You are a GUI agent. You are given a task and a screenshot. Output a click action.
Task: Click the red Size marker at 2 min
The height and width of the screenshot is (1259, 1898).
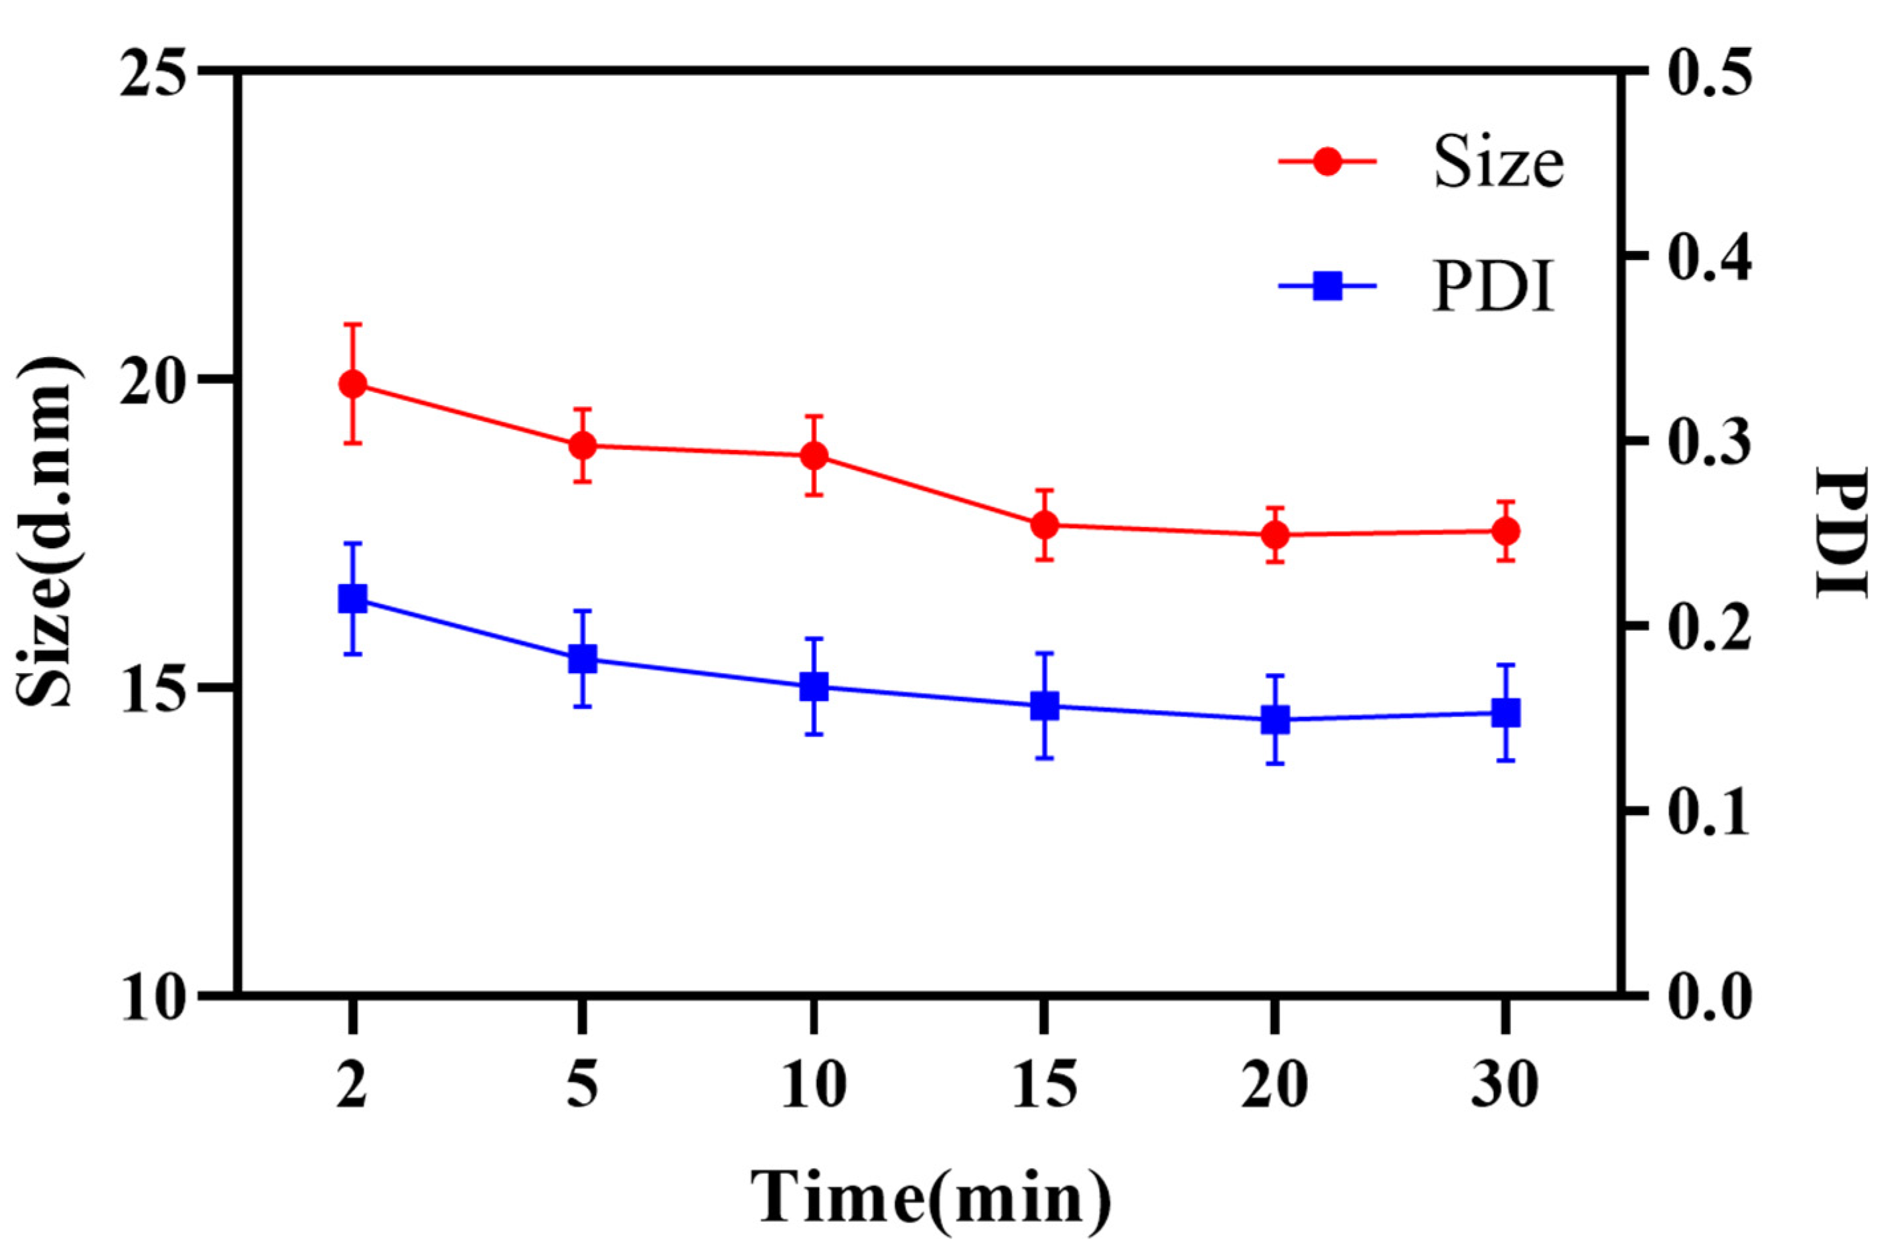pyautogui.click(x=353, y=384)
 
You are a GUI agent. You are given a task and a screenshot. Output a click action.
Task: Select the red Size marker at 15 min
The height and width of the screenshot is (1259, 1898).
pyautogui.click(x=1045, y=525)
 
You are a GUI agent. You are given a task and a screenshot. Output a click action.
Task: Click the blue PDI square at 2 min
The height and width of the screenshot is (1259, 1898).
pyautogui.click(x=353, y=599)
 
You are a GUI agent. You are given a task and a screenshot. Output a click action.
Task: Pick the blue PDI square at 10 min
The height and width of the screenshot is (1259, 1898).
pyautogui.click(x=814, y=686)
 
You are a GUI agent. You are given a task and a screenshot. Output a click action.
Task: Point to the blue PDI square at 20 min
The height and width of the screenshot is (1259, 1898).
pyautogui.click(x=1275, y=719)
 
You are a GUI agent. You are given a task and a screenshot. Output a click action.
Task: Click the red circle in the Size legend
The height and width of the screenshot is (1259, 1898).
pyautogui.click(x=1328, y=161)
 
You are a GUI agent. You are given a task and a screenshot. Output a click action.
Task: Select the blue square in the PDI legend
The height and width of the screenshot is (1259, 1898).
pyautogui.click(x=1328, y=286)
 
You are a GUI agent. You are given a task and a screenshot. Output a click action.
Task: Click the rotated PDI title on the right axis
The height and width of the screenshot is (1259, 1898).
pyautogui.click(x=1843, y=532)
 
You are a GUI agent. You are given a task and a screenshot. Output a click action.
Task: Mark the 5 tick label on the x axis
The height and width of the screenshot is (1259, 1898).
pyautogui.click(x=583, y=1086)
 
